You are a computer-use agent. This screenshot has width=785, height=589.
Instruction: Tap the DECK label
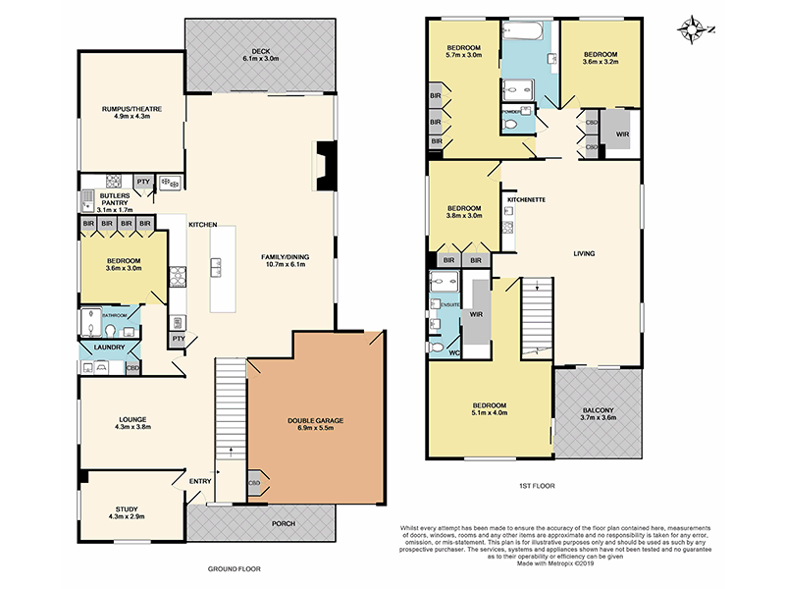[260, 51]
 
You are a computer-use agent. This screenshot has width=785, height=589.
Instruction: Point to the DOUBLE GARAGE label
[315, 420]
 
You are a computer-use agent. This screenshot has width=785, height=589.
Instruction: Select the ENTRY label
[199, 480]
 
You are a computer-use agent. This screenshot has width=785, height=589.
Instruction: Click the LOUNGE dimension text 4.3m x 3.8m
[131, 427]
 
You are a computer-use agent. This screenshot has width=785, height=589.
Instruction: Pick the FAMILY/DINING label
[284, 256]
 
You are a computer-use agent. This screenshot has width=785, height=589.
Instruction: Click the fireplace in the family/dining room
[324, 165]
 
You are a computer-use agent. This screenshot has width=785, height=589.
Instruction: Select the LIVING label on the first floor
[585, 254]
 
